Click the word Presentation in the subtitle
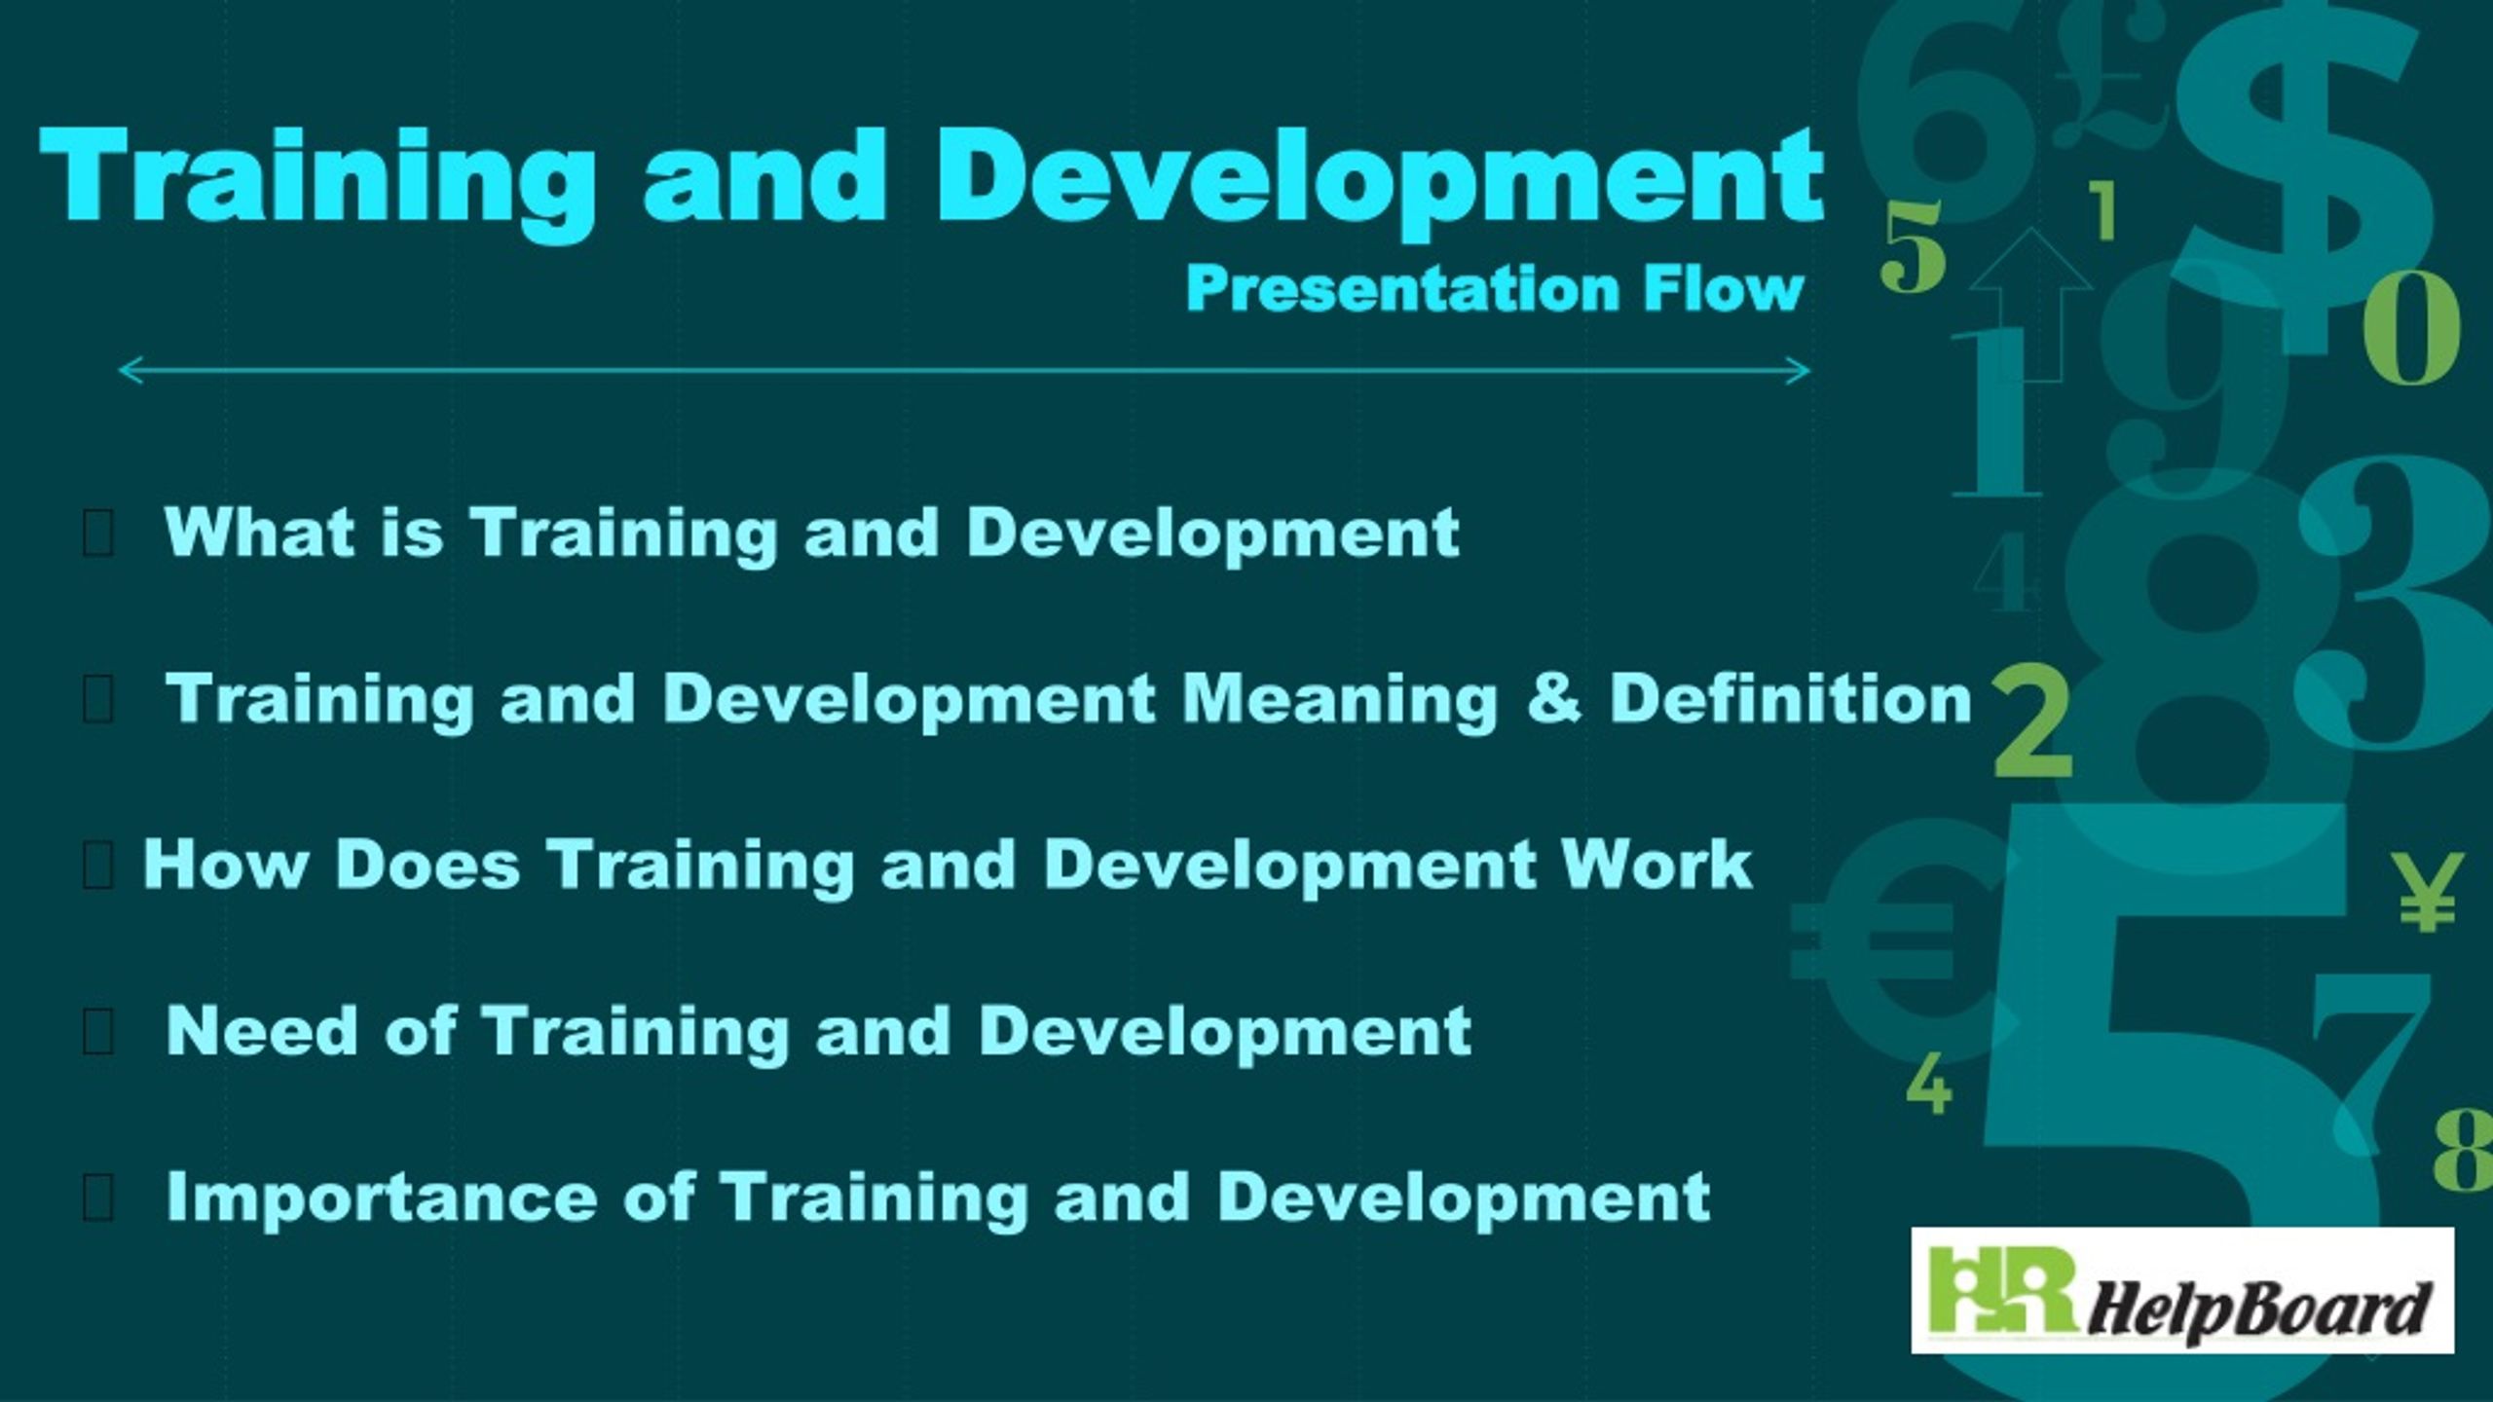(x=1403, y=290)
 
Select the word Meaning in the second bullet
(x=1340, y=700)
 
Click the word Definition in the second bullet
(x=1790, y=700)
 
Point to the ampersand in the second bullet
(x=1554, y=700)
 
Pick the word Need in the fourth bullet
(x=262, y=1031)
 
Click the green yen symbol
(x=2427, y=891)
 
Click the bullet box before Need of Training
(x=98, y=1033)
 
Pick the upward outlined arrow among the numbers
(x=2030, y=302)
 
